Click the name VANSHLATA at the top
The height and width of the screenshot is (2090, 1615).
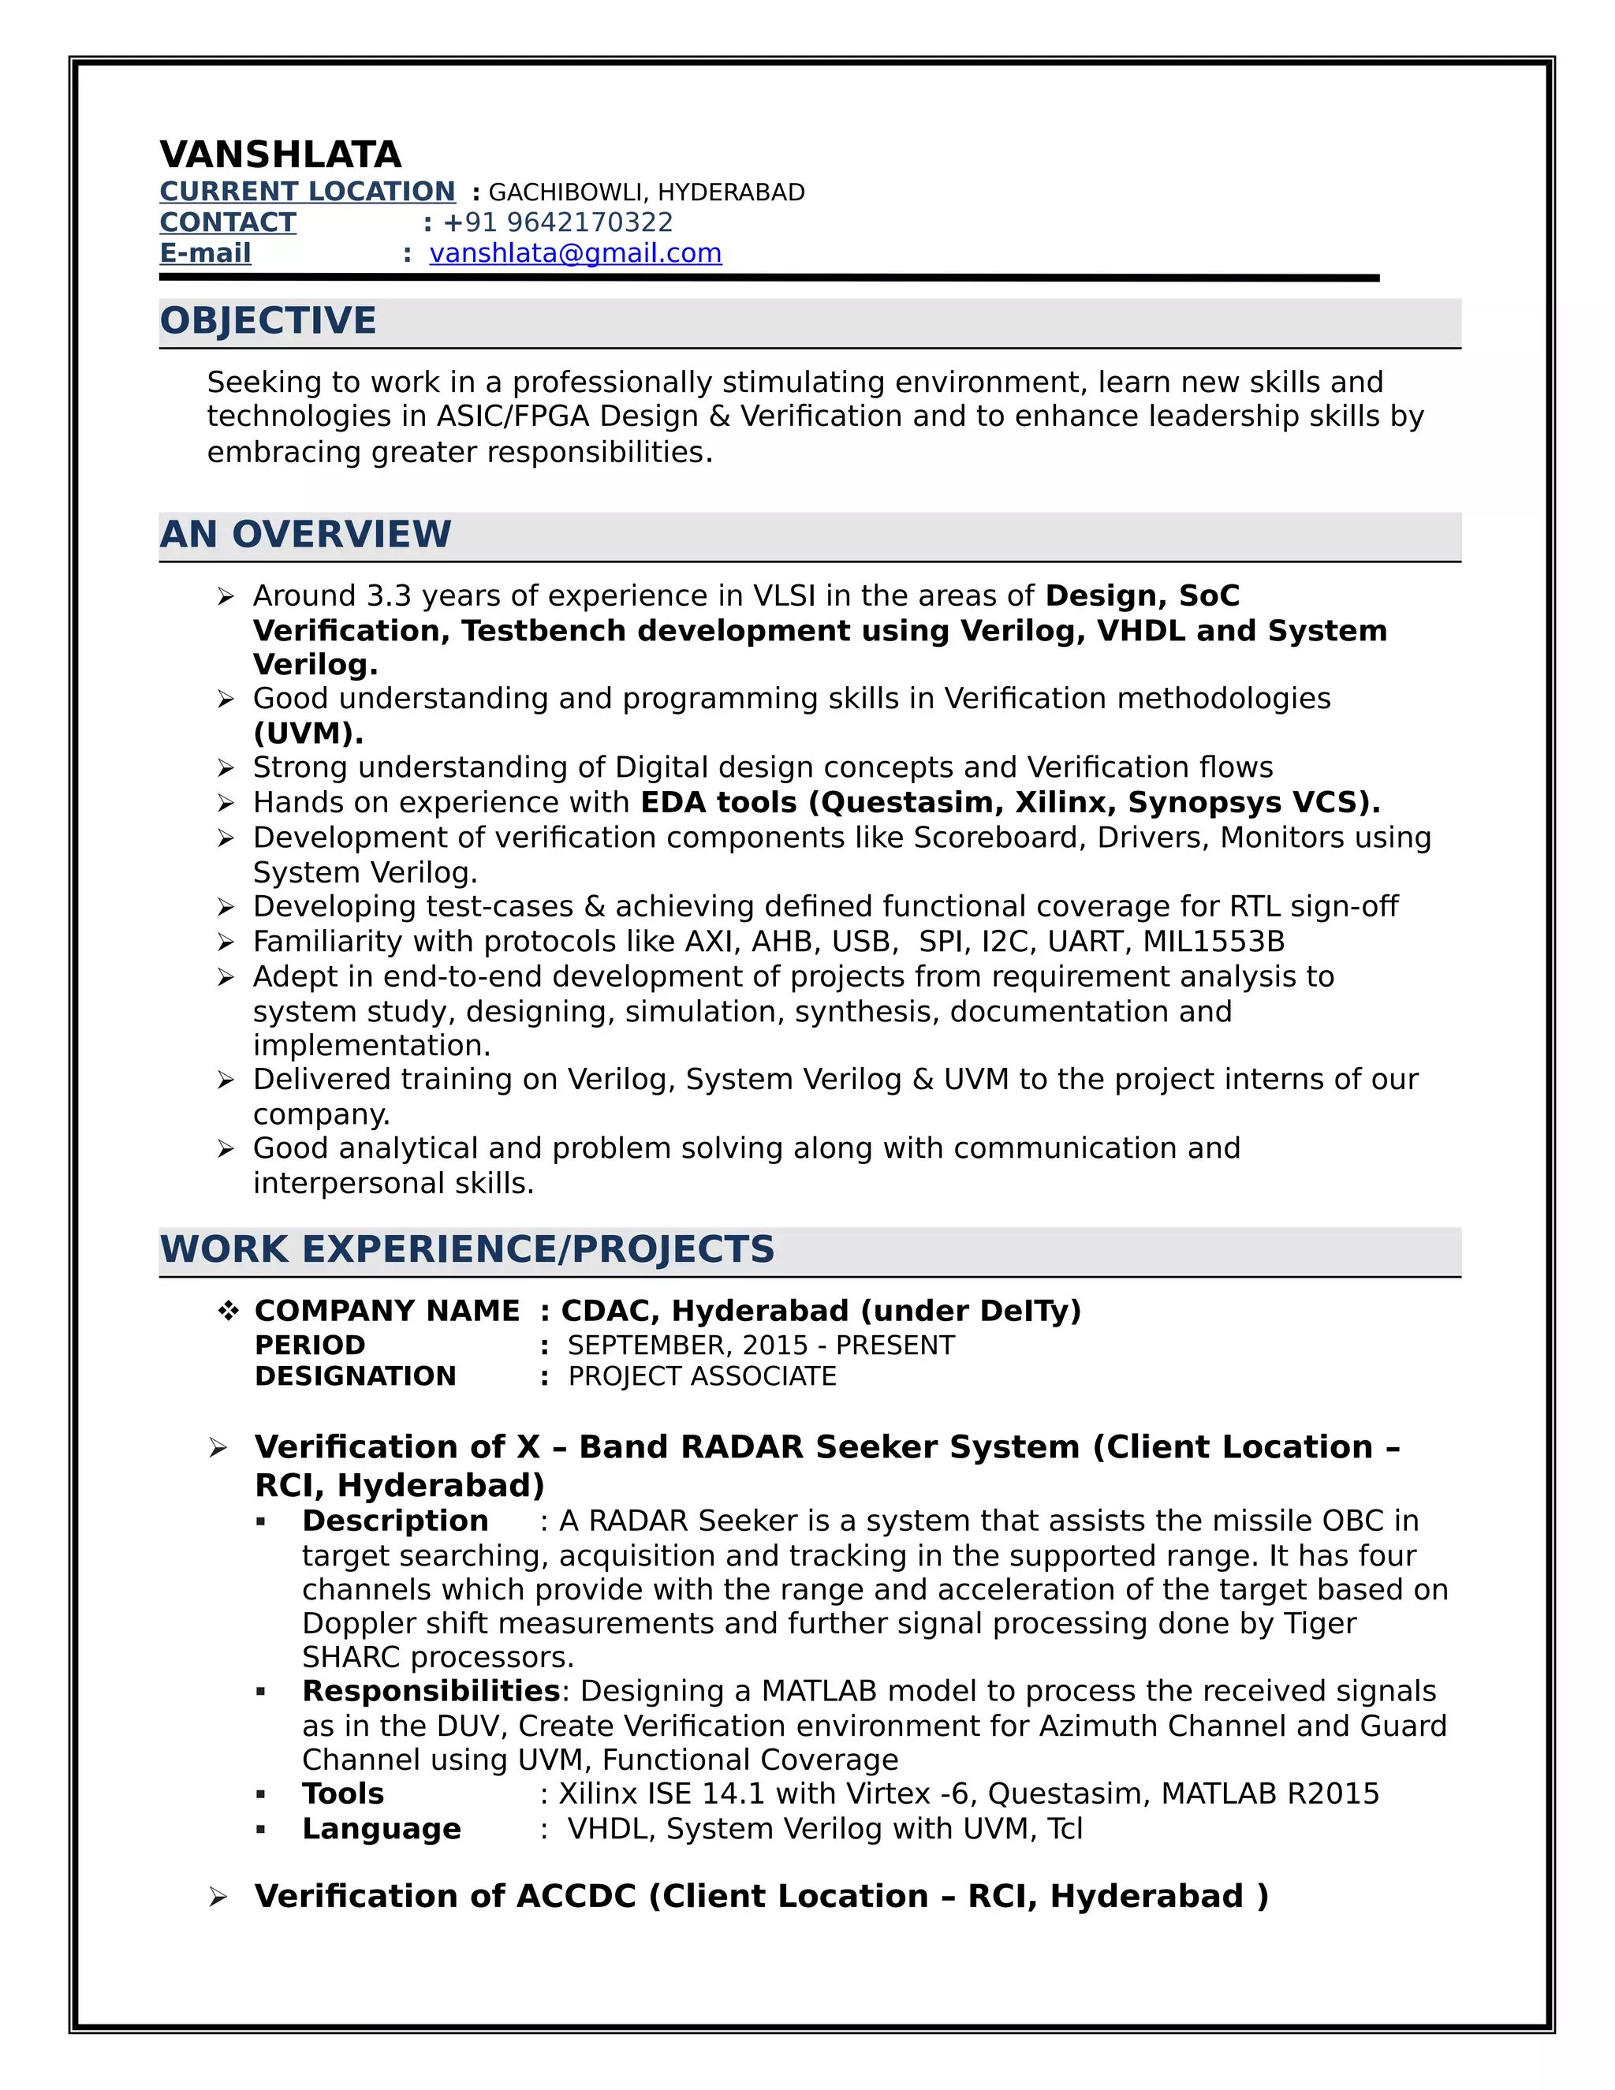coord(280,154)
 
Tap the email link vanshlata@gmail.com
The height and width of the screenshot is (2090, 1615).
coord(575,254)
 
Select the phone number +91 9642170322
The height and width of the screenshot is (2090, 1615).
coord(558,222)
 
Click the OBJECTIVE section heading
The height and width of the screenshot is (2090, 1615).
coord(268,320)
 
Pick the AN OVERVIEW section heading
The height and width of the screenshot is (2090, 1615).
coord(305,534)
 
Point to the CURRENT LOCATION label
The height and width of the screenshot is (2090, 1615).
coord(307,192)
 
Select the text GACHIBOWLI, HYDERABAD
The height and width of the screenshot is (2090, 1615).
coord(647,192)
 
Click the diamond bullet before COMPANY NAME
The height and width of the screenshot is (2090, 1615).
coord(228,1311)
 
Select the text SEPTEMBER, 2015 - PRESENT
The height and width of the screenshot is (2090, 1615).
coord(761,1345)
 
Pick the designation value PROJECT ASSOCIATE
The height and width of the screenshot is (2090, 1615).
coord(703,1376)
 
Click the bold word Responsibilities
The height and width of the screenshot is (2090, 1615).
coord(431,1691)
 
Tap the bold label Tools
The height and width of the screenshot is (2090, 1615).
coord(342,1793)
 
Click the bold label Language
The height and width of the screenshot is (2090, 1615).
coord(381,1829)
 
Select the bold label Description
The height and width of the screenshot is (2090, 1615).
coord(395,1521)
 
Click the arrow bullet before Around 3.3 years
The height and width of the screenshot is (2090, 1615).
coord(226,597)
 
